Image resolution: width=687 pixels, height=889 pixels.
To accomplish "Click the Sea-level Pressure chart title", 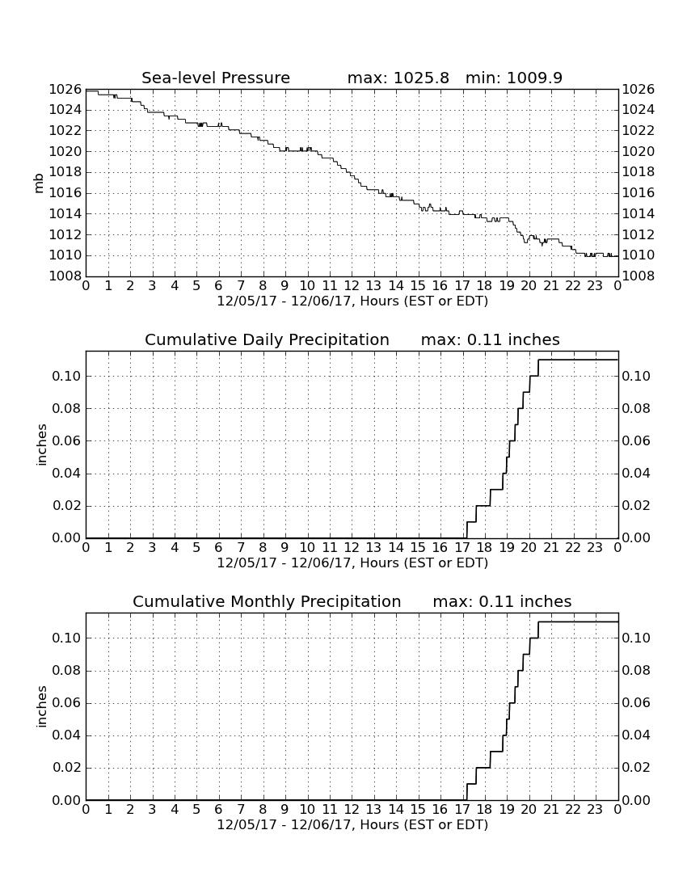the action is (216, 78).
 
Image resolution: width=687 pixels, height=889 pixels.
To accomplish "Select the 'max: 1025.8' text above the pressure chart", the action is (398, 78).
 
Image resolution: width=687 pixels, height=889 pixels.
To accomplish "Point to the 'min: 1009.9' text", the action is (514, 78).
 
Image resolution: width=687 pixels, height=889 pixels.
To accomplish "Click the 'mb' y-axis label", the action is (39, 183).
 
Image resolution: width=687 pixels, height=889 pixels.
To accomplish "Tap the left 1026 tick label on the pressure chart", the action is (65, 89).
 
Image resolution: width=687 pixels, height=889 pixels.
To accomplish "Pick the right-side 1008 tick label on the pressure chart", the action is (639, 276).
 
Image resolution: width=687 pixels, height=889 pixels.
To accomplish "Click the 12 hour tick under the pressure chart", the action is (352, 286).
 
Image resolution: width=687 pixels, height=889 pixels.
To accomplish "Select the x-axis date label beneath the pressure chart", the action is (352, 301).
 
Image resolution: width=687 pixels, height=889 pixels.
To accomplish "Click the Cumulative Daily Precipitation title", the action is (267, 339).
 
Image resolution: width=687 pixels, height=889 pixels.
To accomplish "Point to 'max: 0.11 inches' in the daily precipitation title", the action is (491, 339).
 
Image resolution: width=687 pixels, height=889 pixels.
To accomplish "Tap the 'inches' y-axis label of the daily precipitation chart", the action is (41, 444).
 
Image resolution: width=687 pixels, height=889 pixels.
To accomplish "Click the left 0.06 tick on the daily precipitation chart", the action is (67, 440).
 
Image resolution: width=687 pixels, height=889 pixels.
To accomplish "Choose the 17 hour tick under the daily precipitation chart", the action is (462, 548).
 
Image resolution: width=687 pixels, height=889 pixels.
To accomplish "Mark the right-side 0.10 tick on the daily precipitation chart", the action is (636, 376).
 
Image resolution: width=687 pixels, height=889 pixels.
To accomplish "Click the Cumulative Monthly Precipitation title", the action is (267, 601).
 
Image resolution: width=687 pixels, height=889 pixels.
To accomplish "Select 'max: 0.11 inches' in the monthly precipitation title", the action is (502, 601).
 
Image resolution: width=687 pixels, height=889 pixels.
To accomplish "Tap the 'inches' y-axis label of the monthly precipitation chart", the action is (41, 706).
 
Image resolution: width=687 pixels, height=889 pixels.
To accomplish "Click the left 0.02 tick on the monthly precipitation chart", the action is (67, 768).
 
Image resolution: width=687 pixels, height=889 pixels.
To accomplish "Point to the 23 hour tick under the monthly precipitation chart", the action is (595, 810).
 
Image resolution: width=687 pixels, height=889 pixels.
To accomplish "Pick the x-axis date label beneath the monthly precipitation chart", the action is (352, 825).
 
